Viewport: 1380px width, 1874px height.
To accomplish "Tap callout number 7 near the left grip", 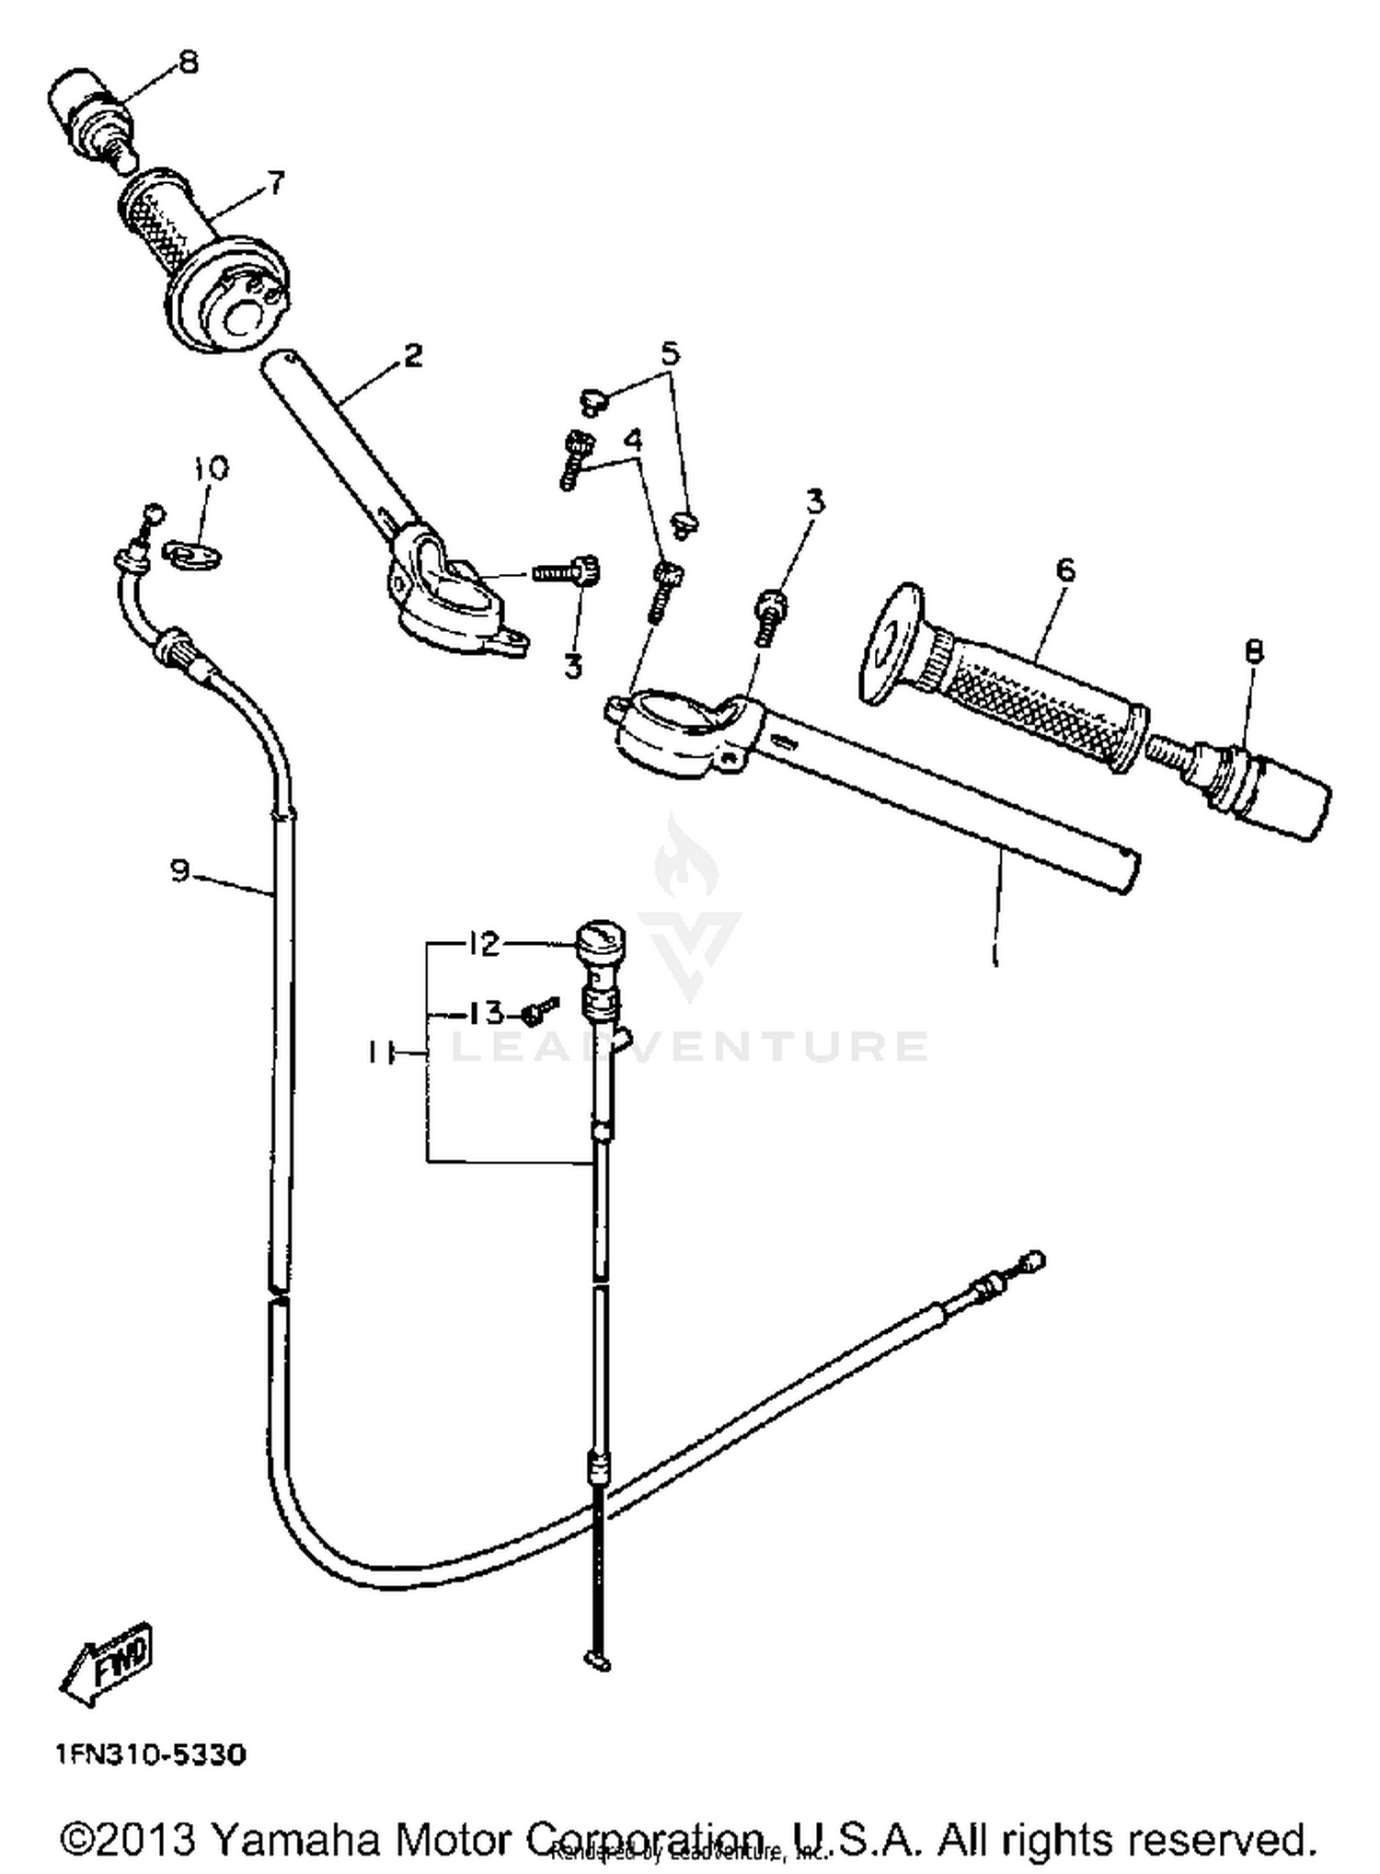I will point(276,181).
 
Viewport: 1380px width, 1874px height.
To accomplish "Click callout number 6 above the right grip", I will point(1064,569).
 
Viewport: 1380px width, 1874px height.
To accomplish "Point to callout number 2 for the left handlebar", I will point(413,354).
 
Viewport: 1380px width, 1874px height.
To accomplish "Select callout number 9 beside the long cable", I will point(180,868).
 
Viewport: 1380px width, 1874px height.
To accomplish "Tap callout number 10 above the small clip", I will point(211,468).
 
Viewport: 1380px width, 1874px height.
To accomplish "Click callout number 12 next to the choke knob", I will point(484,944).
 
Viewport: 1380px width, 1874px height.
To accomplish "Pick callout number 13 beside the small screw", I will point(486,1014).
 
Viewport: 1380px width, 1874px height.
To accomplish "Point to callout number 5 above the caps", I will point(670,353).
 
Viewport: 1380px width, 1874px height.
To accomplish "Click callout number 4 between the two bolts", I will point(633,441).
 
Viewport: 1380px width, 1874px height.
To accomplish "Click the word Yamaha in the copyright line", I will point(294,1838).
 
